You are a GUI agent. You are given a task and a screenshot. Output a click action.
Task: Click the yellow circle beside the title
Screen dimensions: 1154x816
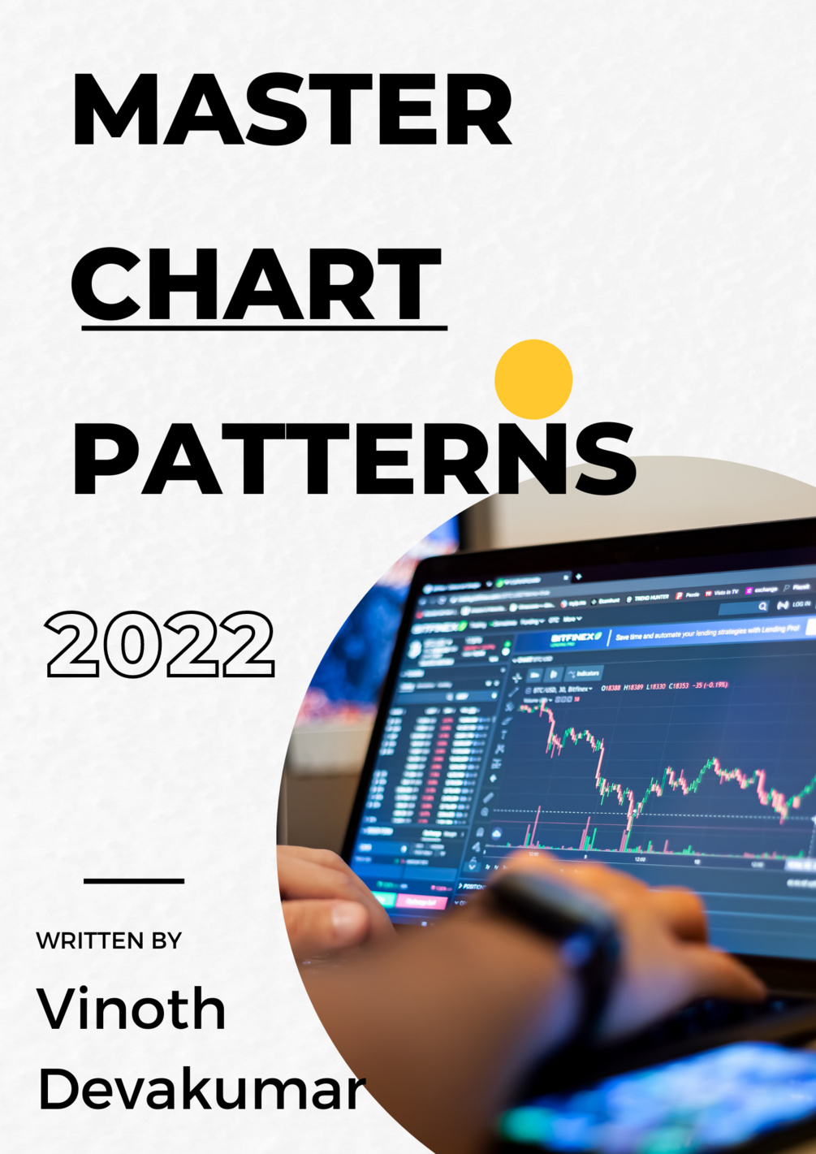point(533,379)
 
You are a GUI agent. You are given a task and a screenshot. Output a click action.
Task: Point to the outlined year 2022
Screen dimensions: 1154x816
point(161,645)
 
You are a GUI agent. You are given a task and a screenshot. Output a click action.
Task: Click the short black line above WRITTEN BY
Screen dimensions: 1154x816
point(134,880)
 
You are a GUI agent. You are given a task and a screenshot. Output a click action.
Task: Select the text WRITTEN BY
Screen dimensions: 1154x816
point(109,940)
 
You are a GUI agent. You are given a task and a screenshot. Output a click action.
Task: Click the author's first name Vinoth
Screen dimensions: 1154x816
point(132,1009)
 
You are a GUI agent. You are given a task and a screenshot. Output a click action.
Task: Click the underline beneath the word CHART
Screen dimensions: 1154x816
point(264,328)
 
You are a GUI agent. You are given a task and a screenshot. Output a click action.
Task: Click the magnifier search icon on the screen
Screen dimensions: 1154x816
point(762,606)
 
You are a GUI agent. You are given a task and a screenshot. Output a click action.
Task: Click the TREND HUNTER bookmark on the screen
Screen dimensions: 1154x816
point(651,598)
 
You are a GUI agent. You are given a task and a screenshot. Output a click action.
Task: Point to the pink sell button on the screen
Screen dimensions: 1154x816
point(420,902)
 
